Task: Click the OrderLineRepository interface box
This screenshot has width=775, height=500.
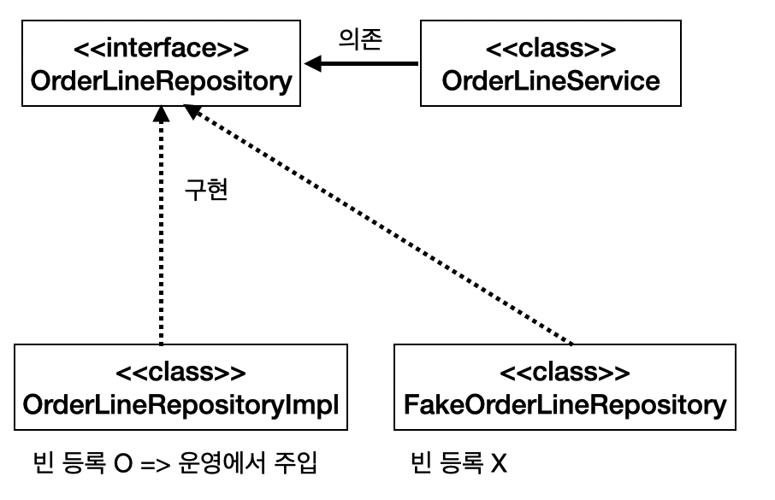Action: point(161,65)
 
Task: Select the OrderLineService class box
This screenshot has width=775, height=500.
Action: point(550,65)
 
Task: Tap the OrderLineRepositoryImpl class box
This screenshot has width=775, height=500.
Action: point(180,387)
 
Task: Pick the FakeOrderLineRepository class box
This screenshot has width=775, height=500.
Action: point(565,387)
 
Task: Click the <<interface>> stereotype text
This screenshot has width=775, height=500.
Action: point(161,50)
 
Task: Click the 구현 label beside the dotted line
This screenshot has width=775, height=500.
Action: point(205,190)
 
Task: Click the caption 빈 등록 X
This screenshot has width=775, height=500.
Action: point(459,465)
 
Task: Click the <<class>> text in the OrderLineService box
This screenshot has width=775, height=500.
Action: point(550,50)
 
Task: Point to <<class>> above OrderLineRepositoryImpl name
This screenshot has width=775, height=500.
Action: point(180,373)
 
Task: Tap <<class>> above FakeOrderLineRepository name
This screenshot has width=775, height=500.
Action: point(565,373)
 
